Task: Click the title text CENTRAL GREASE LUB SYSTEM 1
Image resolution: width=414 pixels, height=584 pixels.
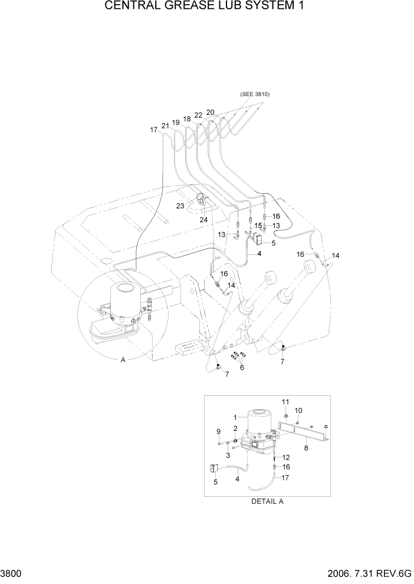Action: click(206, 7)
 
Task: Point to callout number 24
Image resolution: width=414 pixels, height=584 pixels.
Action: click(204, 220)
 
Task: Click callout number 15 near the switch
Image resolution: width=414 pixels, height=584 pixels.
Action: click(258, 225)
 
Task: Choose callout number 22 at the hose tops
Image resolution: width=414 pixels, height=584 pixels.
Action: click(199, 115)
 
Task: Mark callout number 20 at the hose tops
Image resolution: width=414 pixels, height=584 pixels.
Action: click(210, 112)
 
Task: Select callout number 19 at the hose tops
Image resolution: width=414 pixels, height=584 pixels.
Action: click(175, 123)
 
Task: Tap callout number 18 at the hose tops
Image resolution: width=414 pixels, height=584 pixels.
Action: click(186, 119)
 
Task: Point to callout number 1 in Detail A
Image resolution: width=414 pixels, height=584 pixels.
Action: click(235, 417)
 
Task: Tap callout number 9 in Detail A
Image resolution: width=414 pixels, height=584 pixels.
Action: click(218, 431)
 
